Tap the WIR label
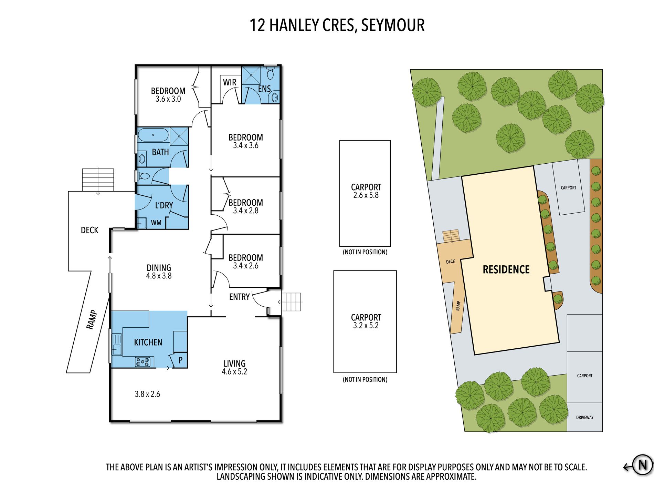click(x=230, y=82)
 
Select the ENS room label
click(x=264, y=89)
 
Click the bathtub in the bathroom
click(x=153, y=135)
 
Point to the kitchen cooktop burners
click(x=143, y=362)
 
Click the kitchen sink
click(x=117, y=345)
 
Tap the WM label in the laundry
click(x=156, y=223)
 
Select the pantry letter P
click(x=180, y=360)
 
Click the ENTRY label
click(x=239, y=297)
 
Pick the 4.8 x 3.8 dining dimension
click(x=159, y=276)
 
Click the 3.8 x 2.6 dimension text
click(x=147, y=394)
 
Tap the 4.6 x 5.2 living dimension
click(x=234, y=371)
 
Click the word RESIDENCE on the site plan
click(x=506, y=269)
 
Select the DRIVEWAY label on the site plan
click(x=585, y=417)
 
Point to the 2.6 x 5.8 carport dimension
click(x=366, y=195)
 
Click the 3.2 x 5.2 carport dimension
click(x=366, y=325)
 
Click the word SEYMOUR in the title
click(x=393, y=25)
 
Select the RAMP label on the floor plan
click(x=92, y=320)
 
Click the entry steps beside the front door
click(x=291, y=302)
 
